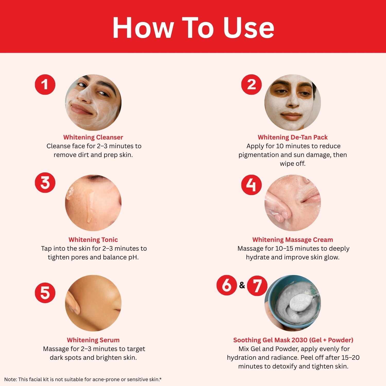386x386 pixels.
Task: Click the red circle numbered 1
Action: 45,85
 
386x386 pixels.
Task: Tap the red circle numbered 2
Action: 251,85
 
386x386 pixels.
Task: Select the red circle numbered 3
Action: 45,182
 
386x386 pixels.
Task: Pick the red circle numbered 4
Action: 251,185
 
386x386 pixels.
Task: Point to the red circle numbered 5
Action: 45,293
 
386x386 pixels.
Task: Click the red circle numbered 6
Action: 227,285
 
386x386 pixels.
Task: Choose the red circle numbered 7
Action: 257,285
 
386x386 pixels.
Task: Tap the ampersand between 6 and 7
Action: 242,285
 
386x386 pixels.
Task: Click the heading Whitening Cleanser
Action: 93,137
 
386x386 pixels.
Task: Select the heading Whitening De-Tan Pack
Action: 293,137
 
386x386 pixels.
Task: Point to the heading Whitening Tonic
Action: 93,240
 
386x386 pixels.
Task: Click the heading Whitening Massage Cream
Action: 293,240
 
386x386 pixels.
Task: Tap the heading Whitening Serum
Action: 93,340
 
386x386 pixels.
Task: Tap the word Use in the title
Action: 249,28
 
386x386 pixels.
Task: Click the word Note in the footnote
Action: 10,379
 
